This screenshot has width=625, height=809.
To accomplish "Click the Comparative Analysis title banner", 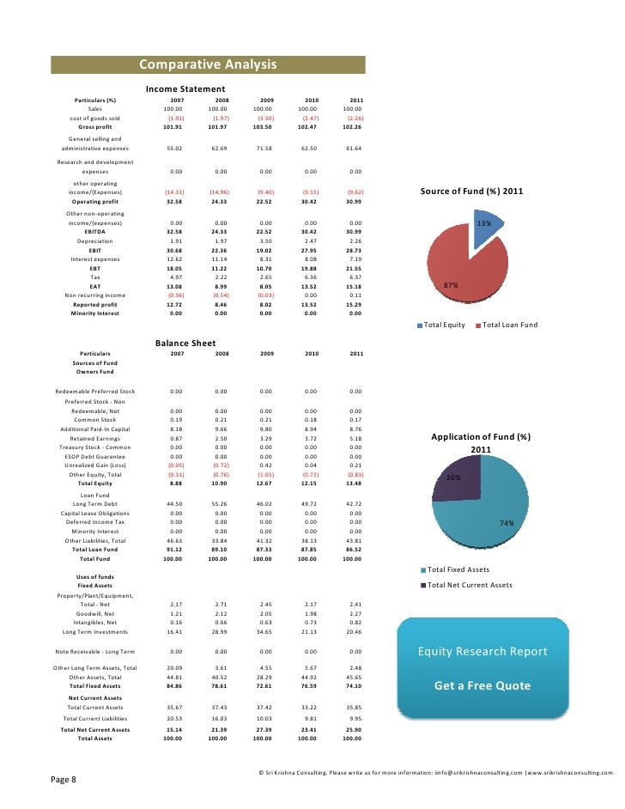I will click(x=208, y=65).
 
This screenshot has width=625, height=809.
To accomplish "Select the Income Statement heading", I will click(x=185, y=89).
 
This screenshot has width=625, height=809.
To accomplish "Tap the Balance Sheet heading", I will click(x=185, y=344).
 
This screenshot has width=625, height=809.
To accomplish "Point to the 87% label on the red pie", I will click(x=449, y=285).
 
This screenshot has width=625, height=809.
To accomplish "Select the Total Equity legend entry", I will click(x=443, y=325).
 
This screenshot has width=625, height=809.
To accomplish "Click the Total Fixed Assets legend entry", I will click(x=458, y=569).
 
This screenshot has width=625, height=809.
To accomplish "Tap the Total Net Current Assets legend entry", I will click(x=469, y=585).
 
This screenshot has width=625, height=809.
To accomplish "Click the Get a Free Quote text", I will click(x=482, y=686).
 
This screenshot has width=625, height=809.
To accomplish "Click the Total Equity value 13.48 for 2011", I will click(x=352, y=484).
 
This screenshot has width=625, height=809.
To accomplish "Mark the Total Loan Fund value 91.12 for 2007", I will click(x=175, y=550).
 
